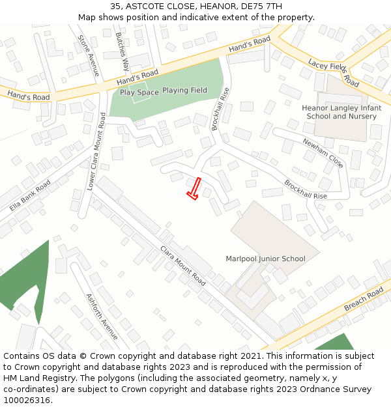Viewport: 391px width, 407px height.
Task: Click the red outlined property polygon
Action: coord(194,189)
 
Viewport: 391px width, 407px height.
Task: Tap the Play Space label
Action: coord(139,92)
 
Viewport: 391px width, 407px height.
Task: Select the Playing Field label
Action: coord(184,91)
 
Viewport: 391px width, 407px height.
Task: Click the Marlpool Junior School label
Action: coord(265,259)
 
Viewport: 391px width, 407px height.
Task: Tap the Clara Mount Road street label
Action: coord(182,266)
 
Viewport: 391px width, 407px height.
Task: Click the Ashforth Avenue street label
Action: coord(102,316)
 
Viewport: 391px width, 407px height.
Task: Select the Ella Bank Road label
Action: coord(30,195)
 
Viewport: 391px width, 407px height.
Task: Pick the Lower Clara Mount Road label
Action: coord(95,151)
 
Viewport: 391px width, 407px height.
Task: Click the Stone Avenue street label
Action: coord(89,55)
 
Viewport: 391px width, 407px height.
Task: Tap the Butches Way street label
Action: coord(122,51)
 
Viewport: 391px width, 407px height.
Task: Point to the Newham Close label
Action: coord(322,152)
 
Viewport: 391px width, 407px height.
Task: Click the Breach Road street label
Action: coord(364,299)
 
